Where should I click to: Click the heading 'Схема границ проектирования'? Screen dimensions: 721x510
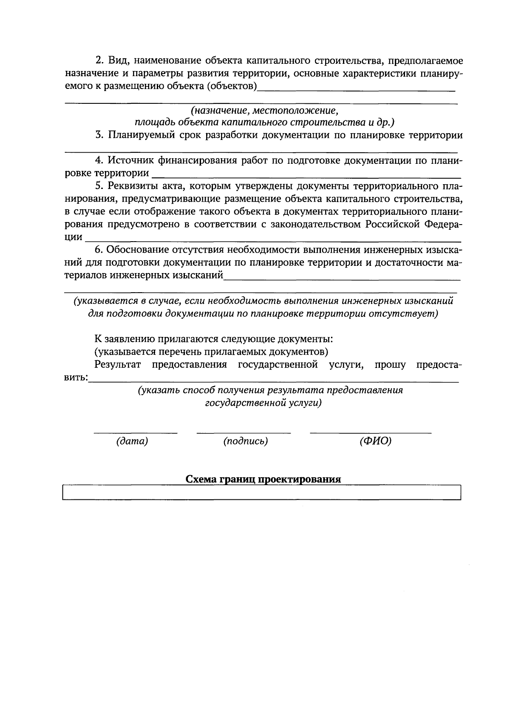[263, 479]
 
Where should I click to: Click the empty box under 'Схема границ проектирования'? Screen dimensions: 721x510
[261, 493]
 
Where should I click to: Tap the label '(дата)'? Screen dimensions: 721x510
[132, 442]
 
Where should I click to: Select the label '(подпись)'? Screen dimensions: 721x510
[246, 442]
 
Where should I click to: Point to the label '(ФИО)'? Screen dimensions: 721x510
[375, 442]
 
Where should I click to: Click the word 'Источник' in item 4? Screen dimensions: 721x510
[131, 161]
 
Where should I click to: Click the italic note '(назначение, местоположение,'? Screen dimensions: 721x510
[264, 111]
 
